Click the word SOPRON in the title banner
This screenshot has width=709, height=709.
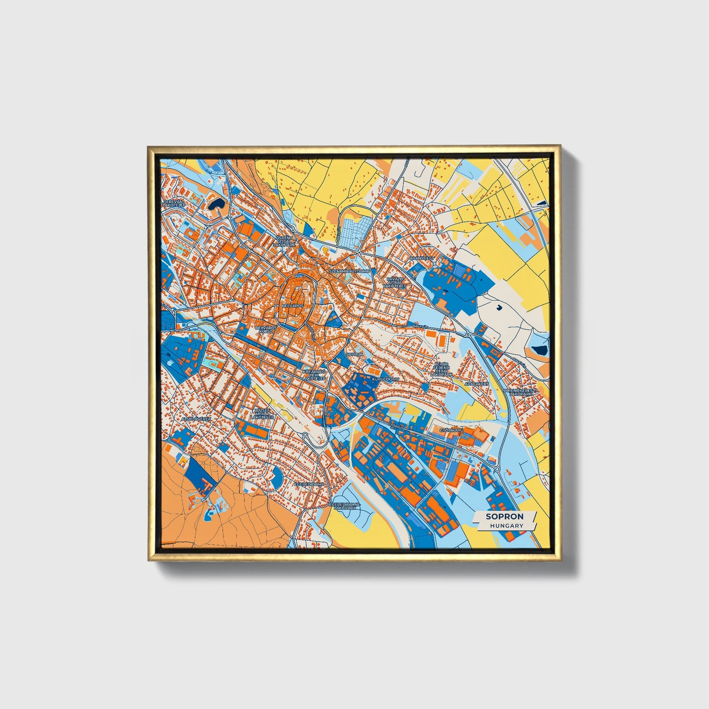504,516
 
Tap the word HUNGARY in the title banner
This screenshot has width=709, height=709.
506,525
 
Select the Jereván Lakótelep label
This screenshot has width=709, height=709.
175,204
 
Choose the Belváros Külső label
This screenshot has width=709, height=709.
266,329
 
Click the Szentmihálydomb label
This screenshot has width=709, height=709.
349,271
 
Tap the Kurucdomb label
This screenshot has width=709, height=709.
386,379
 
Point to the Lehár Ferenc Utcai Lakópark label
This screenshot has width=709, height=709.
441,369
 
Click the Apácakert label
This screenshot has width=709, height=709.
476,384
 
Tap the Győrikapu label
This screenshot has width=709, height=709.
451,430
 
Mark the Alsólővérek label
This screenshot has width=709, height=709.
196,419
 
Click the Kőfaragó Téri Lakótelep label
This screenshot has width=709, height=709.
314,376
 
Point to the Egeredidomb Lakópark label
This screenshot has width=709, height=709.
345,506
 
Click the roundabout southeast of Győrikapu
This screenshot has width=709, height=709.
498,470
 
